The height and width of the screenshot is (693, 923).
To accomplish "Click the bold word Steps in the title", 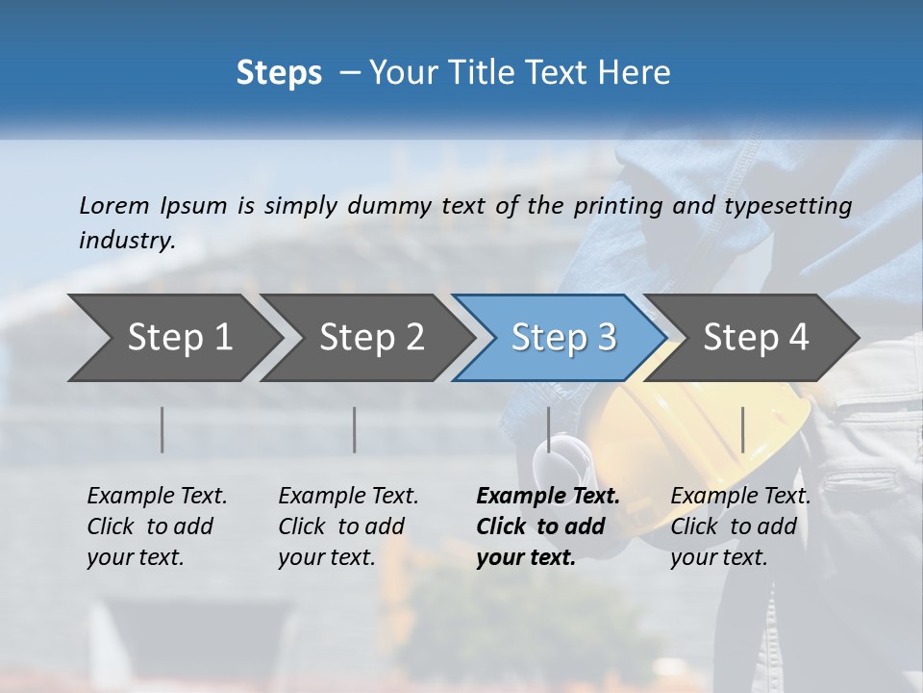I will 279,73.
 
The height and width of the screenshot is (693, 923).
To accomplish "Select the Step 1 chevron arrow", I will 173,337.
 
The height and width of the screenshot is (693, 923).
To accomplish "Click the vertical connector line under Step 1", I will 162,429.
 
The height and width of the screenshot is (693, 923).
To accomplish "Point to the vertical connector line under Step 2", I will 355,429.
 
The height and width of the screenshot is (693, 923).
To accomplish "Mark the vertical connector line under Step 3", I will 548,429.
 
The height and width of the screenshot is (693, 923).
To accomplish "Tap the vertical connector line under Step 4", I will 742,429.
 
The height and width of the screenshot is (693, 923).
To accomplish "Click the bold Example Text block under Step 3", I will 547,526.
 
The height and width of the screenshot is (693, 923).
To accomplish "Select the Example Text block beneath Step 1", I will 157,526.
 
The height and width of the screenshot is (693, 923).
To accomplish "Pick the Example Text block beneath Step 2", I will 348,526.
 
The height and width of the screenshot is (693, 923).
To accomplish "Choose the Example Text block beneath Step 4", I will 740,526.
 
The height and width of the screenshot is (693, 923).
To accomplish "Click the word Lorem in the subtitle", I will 113,205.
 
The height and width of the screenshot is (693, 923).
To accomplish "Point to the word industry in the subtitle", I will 127,240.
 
